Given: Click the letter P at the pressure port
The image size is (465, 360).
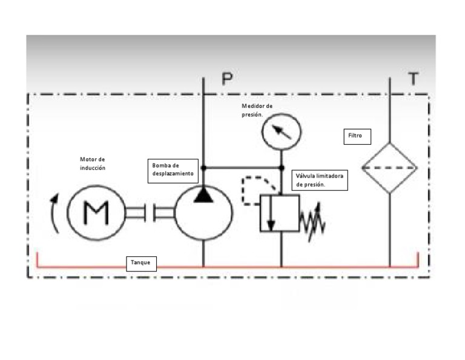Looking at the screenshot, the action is (x=227, y=79).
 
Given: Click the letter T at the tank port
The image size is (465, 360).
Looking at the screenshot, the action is (x=414, y=78).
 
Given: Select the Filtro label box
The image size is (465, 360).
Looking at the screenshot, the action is (x=357, y=136).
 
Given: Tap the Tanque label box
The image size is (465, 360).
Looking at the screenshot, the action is (x=141, y=264).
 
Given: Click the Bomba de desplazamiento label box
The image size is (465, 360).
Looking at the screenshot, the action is (x=173, y=171).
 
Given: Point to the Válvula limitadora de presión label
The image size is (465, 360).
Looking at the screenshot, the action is (x=320, y=180).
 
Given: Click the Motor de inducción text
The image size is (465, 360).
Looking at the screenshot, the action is (x=93, y=164).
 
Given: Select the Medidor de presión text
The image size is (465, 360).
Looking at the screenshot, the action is (x=257, y=110).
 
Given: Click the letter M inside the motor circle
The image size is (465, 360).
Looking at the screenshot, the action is (x=96, y=213).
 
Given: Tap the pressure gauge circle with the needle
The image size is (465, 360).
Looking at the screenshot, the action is (x=281, y=132).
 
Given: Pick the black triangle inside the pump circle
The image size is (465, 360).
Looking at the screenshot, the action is (x=203, y=195).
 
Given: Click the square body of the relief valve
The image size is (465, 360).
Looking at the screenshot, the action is (x=280, y=213).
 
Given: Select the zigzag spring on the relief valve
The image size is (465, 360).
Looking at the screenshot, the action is (x=312, y=222).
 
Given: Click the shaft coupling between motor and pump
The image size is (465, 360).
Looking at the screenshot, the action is (x=150, y=213).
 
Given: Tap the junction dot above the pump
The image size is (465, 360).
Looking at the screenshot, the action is (x=203, y=168).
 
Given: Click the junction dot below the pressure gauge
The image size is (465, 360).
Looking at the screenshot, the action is (x=282, y=168).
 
